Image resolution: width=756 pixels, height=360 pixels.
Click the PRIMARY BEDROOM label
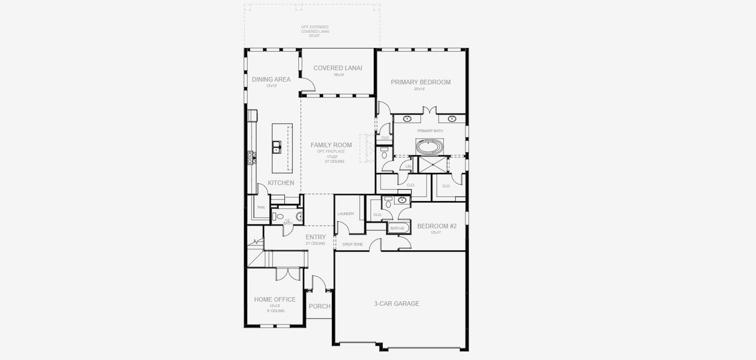pos(421,82)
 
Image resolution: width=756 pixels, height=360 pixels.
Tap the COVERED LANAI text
pos(337,68)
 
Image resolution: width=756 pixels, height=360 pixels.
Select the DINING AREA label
pos(271,79)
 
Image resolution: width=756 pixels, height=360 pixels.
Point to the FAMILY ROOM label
pos(331,145)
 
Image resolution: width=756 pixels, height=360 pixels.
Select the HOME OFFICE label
pos(275,299)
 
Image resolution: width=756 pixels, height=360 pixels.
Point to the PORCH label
pos(319,307)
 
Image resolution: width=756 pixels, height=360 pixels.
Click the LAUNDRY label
pos(346,214)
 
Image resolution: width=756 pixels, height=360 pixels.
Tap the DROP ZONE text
pos(353,244)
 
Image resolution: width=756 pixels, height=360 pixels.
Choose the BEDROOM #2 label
pos(437,226)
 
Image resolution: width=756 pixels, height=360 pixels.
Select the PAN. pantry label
pos(261,208)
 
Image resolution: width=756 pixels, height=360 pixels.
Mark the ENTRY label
pos(316,237)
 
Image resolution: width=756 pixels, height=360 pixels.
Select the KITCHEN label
pos(281,183)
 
